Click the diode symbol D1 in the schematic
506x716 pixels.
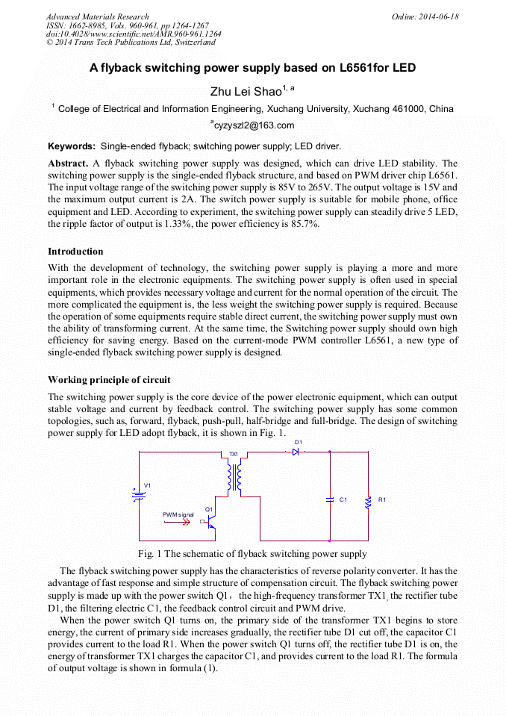click(296, 452)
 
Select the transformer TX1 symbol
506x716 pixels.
click(234, 477)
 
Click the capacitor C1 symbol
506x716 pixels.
click(330, 499)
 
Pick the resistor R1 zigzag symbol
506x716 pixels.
click(367, 502)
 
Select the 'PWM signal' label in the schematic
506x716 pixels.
click(178, 514)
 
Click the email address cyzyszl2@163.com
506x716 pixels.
click(252, 125)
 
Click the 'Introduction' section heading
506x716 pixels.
click(75, 252)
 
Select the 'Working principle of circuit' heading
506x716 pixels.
click(109, 380)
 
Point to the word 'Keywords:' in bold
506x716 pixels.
click(72, 146)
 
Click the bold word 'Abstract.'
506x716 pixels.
click(68, 163)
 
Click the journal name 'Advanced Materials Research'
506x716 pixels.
click(97, 16)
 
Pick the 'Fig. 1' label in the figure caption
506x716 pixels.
click(150, 554)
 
